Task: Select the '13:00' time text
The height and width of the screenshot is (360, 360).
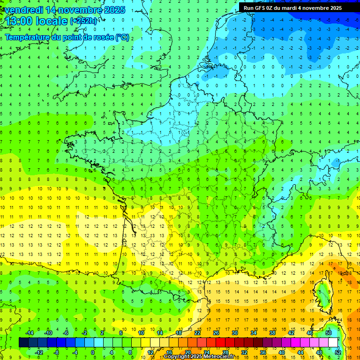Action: coord(18,21)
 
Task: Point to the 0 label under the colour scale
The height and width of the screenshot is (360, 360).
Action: coord(93,352)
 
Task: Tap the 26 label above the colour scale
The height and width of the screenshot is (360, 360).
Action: coord(216,333)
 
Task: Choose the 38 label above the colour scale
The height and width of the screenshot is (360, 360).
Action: coord(272,333)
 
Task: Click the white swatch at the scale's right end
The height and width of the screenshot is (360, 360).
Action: coord(333,343)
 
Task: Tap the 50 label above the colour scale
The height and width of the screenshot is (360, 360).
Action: coord(328,333)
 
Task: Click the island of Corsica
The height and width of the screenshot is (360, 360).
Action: coord(324,293)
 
